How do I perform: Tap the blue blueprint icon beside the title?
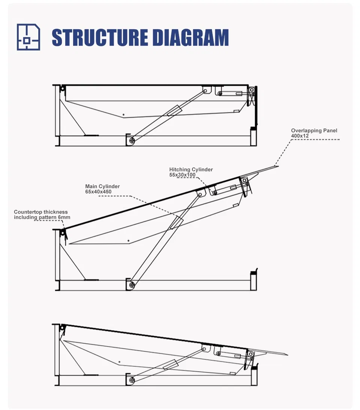(28, 37)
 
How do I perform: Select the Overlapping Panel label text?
(314, 130)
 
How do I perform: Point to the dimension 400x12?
(300, 136)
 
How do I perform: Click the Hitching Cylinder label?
(191, 170)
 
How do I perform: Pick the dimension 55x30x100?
(182, 175)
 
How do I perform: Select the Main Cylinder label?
(102, 187)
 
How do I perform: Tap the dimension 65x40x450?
(98, 192)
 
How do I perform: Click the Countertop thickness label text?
(41, 212)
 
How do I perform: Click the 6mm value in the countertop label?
(64, 217)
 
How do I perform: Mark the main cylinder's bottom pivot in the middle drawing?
(132, 285)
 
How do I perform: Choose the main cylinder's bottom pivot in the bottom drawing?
(132, 380)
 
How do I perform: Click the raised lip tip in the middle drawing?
(278, 166)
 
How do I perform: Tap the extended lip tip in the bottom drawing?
(287, 354)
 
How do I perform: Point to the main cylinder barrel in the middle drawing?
(176, 222)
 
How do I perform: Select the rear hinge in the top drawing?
(63, 89)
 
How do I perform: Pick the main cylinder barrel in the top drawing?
(174, 111)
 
